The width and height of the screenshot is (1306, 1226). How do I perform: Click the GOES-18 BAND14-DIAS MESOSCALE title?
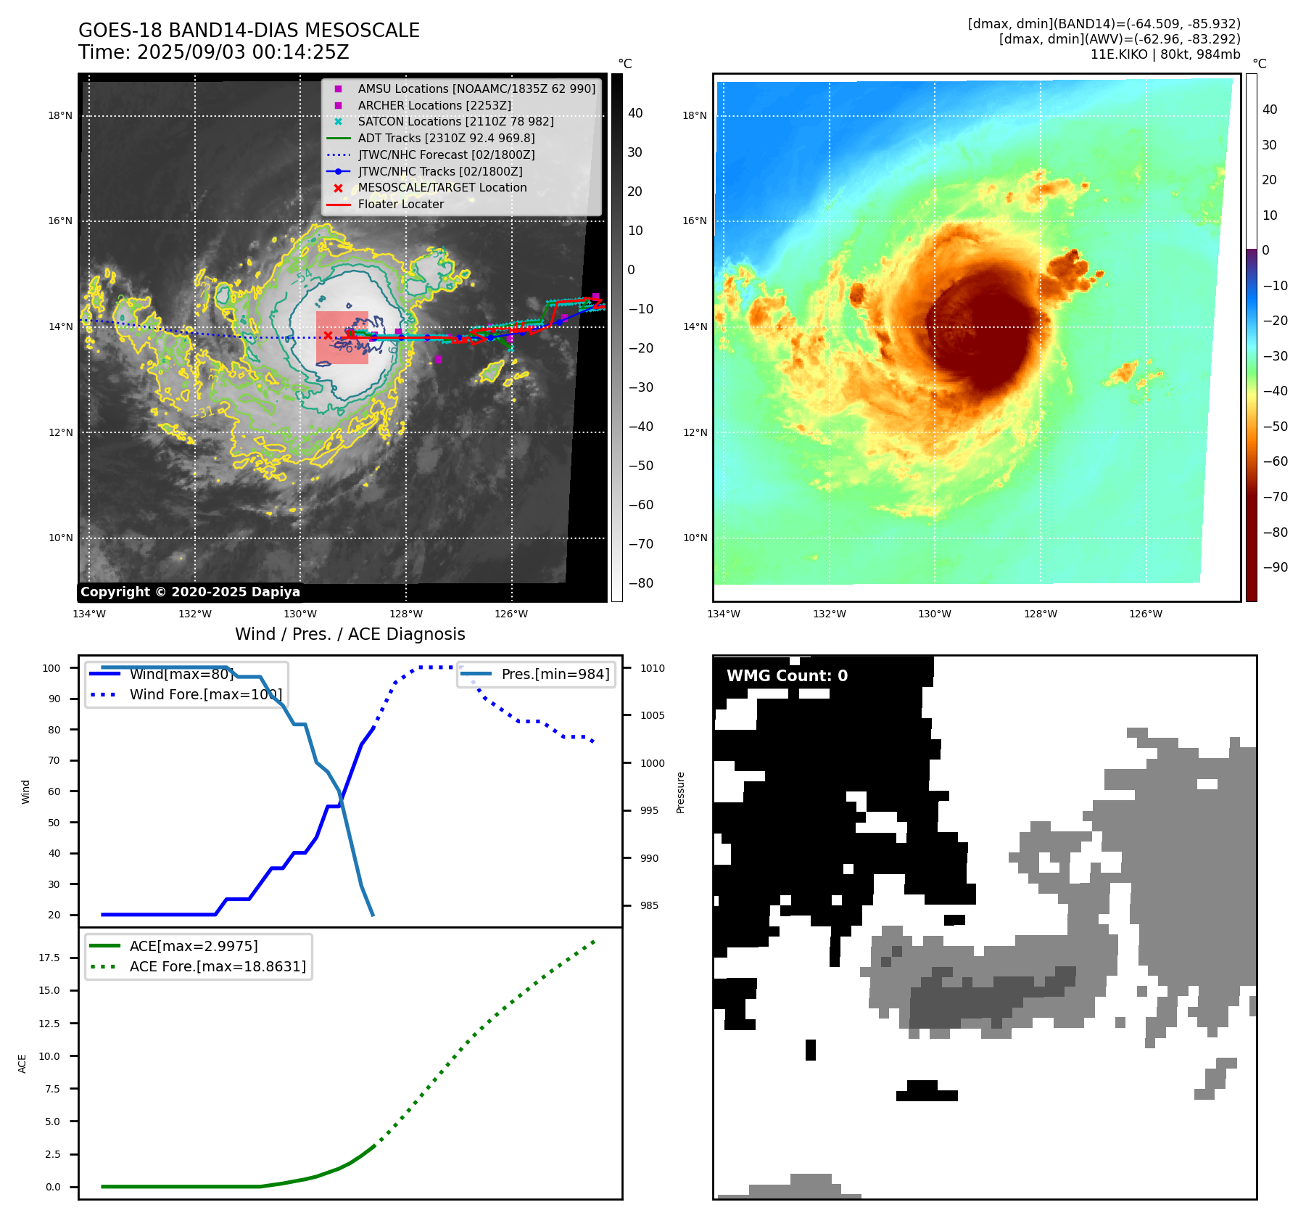(x=249, y=30)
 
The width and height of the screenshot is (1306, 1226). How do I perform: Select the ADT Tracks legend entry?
(x=446, y=138)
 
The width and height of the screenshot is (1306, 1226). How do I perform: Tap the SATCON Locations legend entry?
(x=455, y=121)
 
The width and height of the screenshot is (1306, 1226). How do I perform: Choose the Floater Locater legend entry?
(x=400, y=204)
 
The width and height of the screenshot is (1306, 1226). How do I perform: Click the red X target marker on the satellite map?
(x=328, y=335)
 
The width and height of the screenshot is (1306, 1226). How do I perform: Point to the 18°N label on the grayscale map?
(x=60, y=115)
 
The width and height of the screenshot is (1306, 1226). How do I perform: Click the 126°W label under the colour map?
(x=1145, y=614)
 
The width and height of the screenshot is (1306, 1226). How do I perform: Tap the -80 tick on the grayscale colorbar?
(x=640, y=583)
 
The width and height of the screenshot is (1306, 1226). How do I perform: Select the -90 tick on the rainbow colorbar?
(x=1275, y=567)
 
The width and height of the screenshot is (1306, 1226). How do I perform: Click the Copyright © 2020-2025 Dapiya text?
(x=190, y=592)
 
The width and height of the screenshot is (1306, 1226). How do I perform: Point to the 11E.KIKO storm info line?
(x=1165, y=54)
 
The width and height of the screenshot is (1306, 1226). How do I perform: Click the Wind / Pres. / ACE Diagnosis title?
(x=350, y=634)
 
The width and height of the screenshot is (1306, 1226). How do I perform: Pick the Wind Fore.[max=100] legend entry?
(x=205, y=694)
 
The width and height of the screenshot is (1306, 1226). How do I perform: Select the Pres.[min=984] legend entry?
(x=555, y=674)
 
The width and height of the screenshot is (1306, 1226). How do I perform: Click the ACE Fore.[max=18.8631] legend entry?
(x=218, y=966)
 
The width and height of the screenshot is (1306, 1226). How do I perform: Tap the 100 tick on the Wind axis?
(x=51, y=668)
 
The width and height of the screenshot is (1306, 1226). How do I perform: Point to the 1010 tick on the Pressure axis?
(x=652, y=668)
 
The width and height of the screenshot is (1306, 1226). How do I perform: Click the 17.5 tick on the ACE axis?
(x=49, y=958)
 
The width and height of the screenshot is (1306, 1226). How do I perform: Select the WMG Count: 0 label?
(x=787, y=676)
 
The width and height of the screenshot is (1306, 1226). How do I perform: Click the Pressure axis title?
(x=680, y=792)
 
